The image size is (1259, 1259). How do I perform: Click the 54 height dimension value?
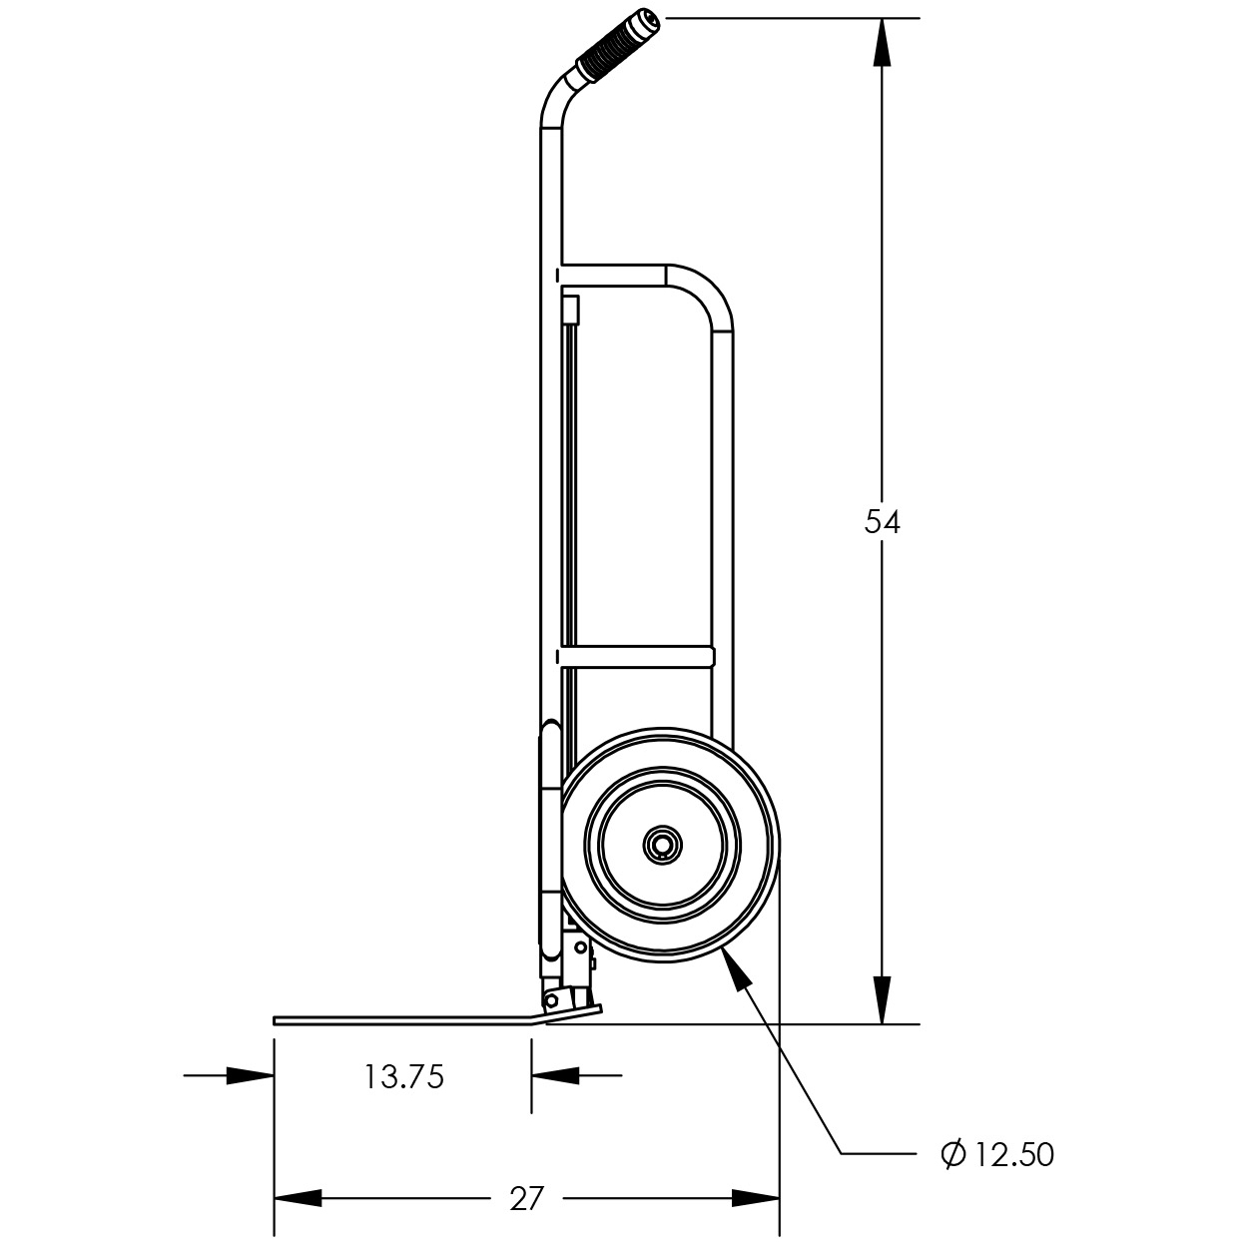[x=882, y=523]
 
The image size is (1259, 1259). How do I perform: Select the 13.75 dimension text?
[x=403, y=1077]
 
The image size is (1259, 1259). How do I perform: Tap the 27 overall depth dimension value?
[x=526, y=1198]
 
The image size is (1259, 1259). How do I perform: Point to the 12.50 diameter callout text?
[x=1014, y=1155]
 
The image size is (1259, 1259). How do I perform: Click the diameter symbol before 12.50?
[x=953, y=1154]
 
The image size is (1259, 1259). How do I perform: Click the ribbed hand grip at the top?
[x=618, y=47]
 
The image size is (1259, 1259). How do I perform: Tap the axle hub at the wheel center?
[x=662, y=846]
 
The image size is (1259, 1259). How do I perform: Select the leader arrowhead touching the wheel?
[x=735, y=971]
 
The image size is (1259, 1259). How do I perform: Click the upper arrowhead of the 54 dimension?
[x=882, y=42]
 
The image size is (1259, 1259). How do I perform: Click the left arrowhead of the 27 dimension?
[x=298, y=1198]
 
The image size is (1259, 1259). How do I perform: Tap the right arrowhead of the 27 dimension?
[x=756, y=1198]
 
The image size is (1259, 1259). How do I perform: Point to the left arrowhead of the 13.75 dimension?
[x=250, y=1075]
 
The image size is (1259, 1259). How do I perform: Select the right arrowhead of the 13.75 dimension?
[x=555, y=1075]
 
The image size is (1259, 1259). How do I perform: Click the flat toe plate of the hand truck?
[x=401, y=1020]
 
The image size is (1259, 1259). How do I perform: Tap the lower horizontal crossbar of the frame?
[x=636, y=658]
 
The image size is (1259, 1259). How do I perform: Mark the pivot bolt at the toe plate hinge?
[x=551, y=1000]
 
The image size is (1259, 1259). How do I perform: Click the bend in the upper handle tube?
[x=557, y=101]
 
